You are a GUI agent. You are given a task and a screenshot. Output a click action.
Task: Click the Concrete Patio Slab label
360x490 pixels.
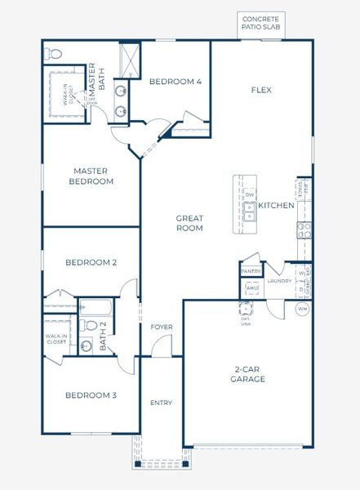coord(260,22)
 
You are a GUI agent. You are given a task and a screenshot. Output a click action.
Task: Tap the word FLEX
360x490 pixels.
coord(261,90)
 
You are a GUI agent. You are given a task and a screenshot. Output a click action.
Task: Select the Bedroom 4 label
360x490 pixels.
coord(176,82)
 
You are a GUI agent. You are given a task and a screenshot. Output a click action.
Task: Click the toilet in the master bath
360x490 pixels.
coord(55,54)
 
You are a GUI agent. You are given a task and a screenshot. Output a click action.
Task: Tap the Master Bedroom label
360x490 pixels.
coord(91,176)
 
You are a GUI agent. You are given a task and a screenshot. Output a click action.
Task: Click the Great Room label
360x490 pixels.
coord(189,223)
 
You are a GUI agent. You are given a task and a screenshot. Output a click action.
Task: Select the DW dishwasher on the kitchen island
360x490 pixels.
coord(250,195)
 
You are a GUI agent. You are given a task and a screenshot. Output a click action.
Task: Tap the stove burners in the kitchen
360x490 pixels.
coord(304,230)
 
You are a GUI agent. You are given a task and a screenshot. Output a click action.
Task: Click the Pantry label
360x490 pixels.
coord(250,271)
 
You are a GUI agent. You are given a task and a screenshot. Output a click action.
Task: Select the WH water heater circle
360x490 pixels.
coord(302,309)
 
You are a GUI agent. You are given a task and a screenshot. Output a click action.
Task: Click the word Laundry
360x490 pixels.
coord(280,282)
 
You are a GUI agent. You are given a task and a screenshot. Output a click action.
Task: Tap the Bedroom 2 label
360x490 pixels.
coord(91,263)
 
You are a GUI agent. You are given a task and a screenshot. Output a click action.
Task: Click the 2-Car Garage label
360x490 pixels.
coord(247,374)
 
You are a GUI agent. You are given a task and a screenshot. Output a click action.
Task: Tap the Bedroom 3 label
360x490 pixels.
coord(91,395)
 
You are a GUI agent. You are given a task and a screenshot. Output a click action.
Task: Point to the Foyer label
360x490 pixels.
coord(162,327)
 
